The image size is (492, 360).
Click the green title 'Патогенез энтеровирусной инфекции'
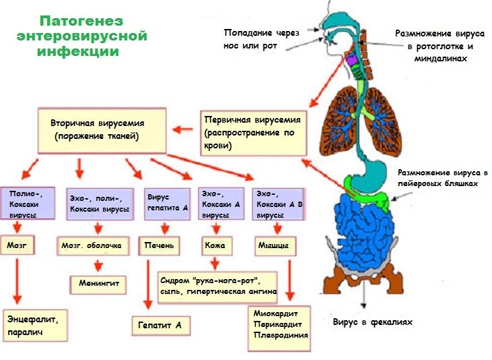pyautogui.click(x=82, y=36)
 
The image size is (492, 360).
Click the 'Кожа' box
pyautogui.click(x=214, y=245)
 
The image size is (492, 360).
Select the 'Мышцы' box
pyautogui.click(x=274, y=245)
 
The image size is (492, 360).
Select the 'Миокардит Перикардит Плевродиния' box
pyautogui.click(x=280, y=327)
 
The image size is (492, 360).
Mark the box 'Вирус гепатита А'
pyautogui.click(x=167, y=202)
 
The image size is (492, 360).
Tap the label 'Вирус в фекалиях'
pyautogui.click(x=372, y=322)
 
